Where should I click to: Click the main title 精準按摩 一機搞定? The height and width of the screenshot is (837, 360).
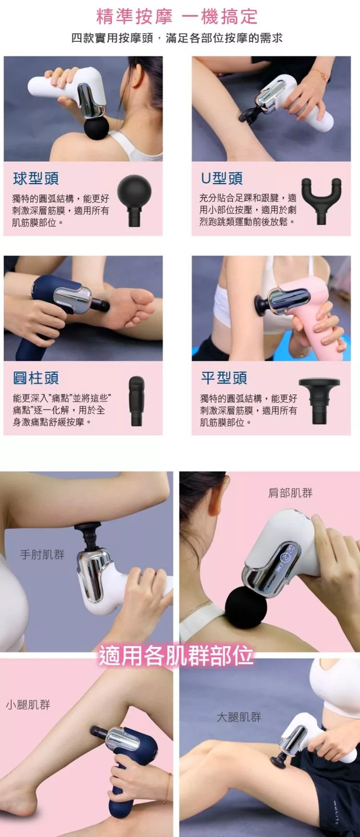pyautogui.click(x=177, y=17)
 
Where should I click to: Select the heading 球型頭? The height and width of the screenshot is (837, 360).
pyautogui.click(x=36, y=179)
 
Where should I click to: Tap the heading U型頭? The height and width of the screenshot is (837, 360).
pyautogui.click(x=222, y=179)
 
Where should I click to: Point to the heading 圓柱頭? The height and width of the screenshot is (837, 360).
pyautogui.click(x=36, y=378)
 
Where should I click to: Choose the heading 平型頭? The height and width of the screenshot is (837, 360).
pyautogui.click(x=224, y=378)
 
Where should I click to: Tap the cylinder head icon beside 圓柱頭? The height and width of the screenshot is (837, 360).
pyautogui.click(x=136, y=401)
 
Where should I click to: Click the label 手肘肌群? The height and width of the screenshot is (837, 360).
pyautogui.click(x=42, y=555)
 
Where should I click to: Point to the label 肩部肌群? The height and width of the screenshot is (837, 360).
pyautogui.click(x=290, y=493)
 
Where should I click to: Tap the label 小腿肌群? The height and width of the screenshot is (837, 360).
pyautogui.click(x=28, y=705)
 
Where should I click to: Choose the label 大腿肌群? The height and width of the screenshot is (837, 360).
pyautogui.click(x=239, y=717)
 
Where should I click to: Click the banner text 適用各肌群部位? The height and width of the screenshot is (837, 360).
pyautogui.click(x=176, y=656)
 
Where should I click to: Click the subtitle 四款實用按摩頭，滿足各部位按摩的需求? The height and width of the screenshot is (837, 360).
pyautogui.click(x=177, y=38)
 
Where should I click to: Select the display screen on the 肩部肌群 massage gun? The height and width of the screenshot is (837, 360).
pyautogui.click(x=287, y=561)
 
